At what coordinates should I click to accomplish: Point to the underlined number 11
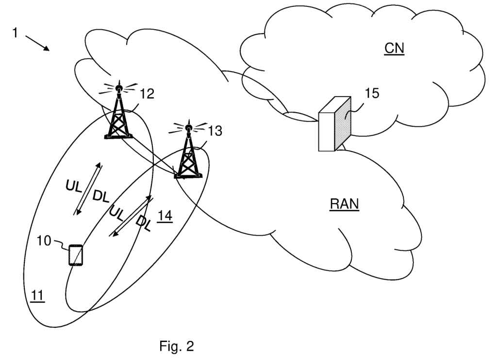point(37,295)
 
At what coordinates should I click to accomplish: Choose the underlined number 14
point(165,216)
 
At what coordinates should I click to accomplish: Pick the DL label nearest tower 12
point(101,196)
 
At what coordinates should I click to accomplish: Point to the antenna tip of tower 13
point(188,128)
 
